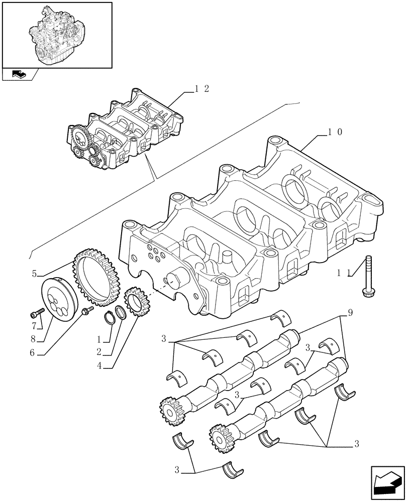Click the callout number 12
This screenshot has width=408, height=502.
(x=202, y=89)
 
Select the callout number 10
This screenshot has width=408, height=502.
(x=335, y=132)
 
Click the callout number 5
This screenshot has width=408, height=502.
(x=35, y=274)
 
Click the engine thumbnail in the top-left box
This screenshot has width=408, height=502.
(x=57, y=34)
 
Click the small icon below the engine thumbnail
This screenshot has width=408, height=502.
(x=19, y=75)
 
